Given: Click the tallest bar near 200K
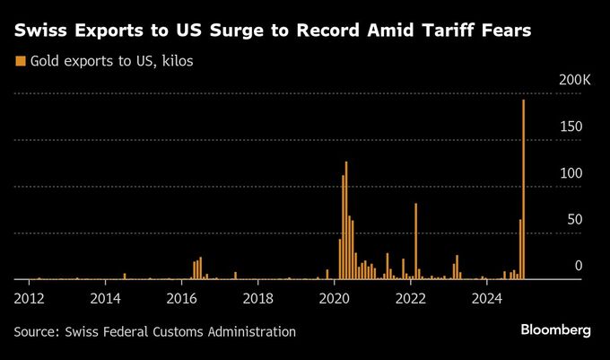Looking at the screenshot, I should [x=523, y=189].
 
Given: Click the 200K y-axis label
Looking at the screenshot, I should [x=574, y=81].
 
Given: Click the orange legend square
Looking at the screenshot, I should [x=19, y=61].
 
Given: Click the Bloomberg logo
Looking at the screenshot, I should [x=555, y=330].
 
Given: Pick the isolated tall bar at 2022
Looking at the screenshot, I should [x=416, y=241].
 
